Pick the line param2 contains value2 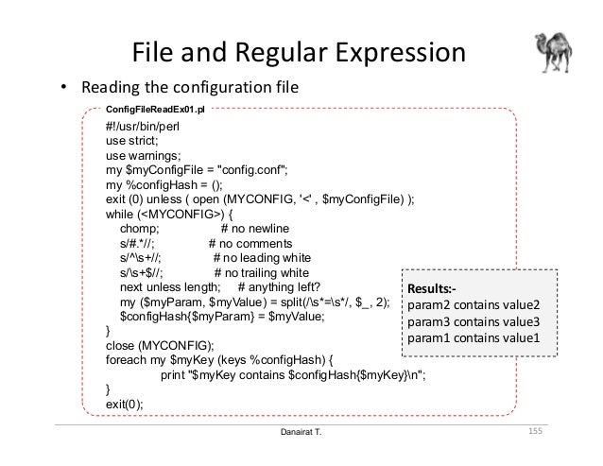pyautogui.click(x=472, y=306)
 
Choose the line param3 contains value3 pyautogui.click(x=472, y=322)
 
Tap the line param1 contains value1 pyautogui.click(x=472, y=338)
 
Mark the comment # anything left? pyautogui.click(x=280, y=287)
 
